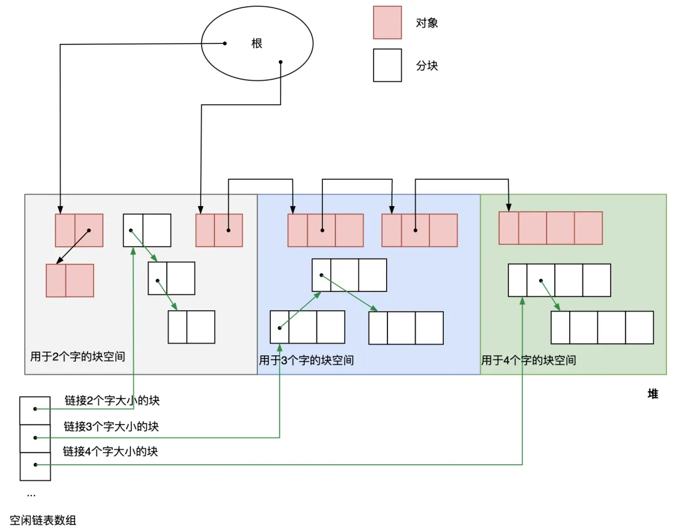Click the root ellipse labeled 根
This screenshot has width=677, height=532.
256,44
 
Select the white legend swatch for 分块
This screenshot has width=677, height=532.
387,65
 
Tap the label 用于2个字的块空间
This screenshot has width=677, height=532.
78,357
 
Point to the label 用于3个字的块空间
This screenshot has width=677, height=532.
307,360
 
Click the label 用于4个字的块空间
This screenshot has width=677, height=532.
528,360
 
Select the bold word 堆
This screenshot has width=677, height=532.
653,394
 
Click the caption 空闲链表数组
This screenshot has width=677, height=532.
43,520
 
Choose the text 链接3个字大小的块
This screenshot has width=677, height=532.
111,426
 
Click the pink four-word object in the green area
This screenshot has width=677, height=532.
550,227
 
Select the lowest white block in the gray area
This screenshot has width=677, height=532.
191,326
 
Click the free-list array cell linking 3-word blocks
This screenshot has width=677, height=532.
35,438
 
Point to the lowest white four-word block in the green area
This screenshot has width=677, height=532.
602,326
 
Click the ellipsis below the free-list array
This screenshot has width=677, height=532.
31,494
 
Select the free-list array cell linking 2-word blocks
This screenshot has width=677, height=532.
35,410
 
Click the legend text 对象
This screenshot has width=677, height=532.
427,23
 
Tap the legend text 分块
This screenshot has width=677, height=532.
427,66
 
